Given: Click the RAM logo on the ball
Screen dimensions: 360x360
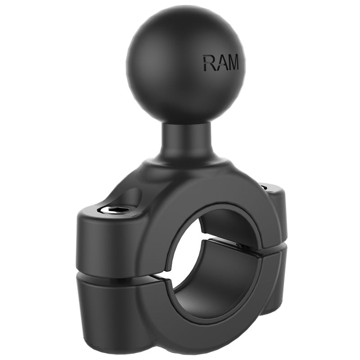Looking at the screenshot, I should pyautogui.click(x=220, y=63).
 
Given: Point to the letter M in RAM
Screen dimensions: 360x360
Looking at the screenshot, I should pyautogui.click(x=232, y=63).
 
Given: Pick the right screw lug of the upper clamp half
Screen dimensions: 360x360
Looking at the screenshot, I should pyautogui.click(x=274, y=211).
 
